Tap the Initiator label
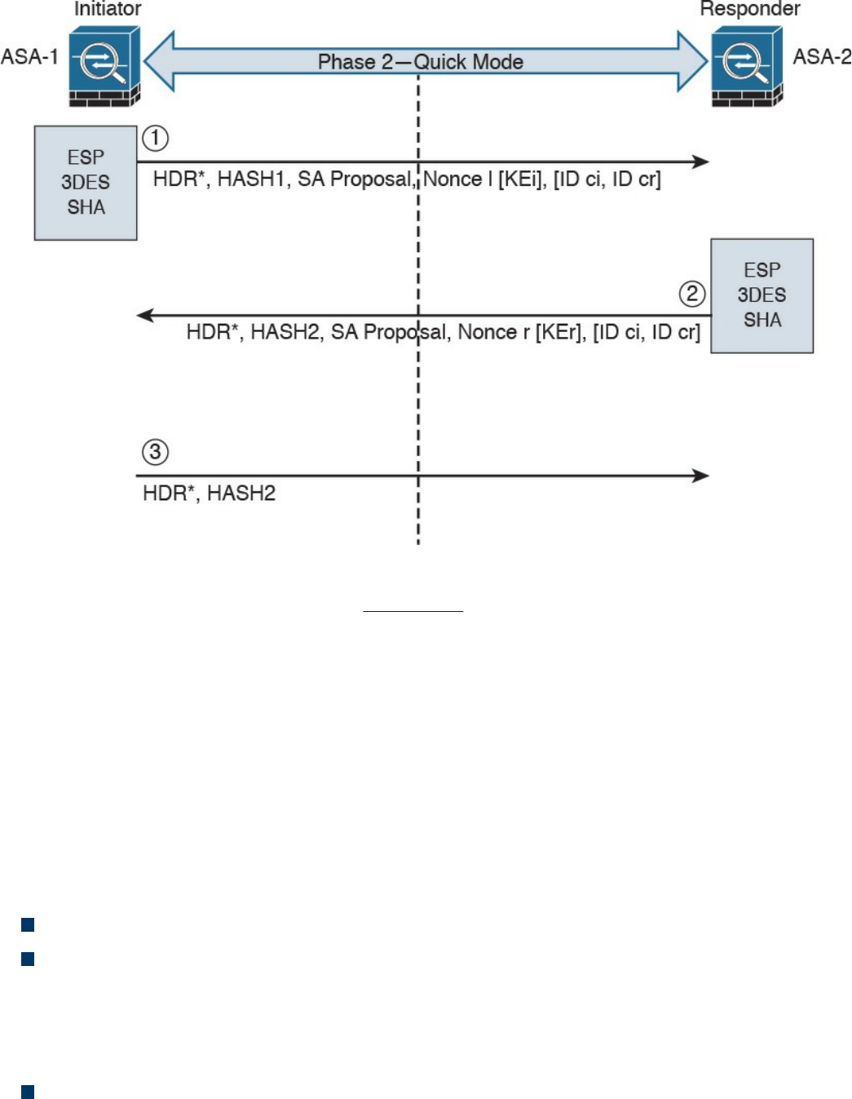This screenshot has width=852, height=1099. coord(108,9)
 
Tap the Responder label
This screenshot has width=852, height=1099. coord(750,9)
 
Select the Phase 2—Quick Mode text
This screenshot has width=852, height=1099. coord(420,62)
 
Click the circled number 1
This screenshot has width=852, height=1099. coord(156,138)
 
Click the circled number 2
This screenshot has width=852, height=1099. coord(692,294)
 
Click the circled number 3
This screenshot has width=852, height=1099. coord(155,452)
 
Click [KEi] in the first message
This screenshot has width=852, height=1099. coord(520,179)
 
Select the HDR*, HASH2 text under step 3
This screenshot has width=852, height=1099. coord(209,494)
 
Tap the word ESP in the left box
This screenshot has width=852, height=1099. coord(86,157)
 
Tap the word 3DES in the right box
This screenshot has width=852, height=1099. coord(762,295)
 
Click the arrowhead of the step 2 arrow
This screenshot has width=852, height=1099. coord(145,315)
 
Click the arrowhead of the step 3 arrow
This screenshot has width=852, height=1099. coord(700,476)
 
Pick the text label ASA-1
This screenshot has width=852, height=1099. coord(30,57)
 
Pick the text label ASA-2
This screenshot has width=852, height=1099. coord(822,57)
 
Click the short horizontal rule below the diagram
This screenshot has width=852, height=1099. coord(413,610)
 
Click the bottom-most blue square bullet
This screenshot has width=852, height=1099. coord(28,1092)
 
